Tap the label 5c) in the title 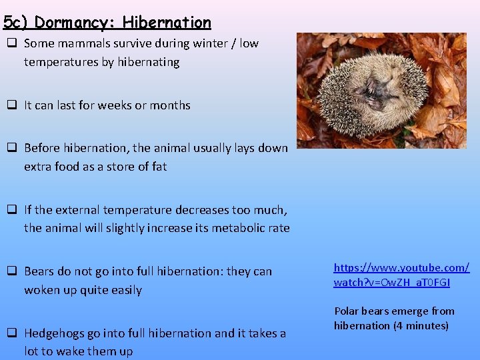tap(16, 22)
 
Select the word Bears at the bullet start tap(39, 271)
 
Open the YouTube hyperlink tap(401, 275)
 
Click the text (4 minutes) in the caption tap(421, 326)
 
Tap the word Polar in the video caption tap(347, 311)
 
